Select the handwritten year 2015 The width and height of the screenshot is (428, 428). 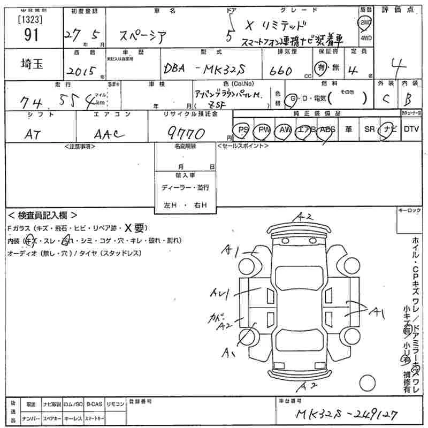pos(79,70)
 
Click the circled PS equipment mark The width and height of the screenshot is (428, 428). pos(243,129)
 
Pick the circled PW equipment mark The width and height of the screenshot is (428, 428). pos(263,129)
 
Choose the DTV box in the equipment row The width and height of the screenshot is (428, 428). pos(411,129)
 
